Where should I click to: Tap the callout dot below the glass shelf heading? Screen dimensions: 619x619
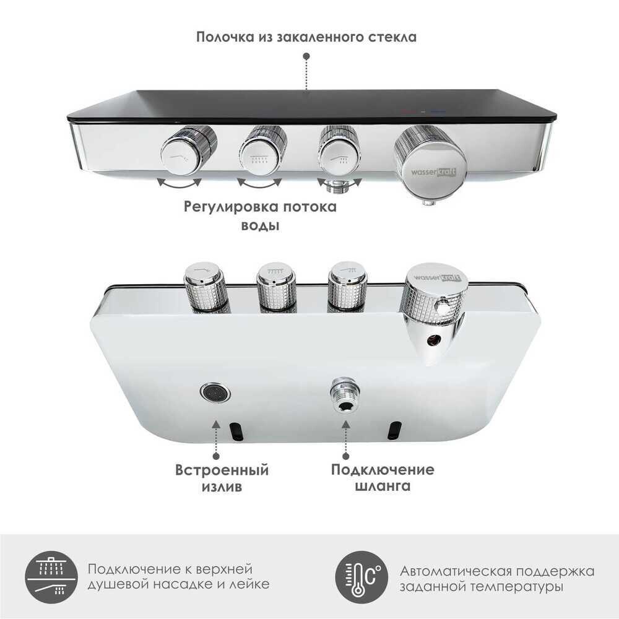306,56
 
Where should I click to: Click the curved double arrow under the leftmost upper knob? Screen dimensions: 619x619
179,183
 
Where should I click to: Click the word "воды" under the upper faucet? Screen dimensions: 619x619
259,226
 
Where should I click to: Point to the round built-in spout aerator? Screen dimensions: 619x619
215,392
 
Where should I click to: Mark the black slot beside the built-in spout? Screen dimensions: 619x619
235,430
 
